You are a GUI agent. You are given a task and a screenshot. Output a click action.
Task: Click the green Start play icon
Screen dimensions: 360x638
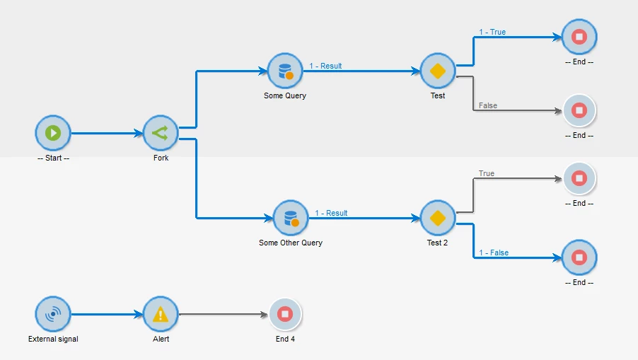pyautogui.click(x=53, y=133)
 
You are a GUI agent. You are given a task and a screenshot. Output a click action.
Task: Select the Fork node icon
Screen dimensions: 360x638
pyautogui.click(x=161, y=133)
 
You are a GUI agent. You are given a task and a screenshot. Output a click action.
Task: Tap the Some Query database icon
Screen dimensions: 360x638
pyautogui.click(x=285, y=71)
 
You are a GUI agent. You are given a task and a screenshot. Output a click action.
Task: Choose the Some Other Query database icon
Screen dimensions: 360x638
pyautogui.click(x=291, y=218)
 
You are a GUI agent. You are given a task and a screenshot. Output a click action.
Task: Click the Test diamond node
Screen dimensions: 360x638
pyautogui.click(x=438, y=71)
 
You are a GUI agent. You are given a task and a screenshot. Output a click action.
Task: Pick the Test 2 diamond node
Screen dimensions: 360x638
pyautogui.click(x=438, y=218)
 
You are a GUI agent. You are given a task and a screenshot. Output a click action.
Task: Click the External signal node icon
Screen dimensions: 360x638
pyautogui.click(x=53, y=314)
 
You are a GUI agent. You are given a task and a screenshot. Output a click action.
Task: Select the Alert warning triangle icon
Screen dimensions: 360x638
pyautogui.click(x=161, y=314)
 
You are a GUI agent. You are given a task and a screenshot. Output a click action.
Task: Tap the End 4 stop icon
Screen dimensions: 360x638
pyautogui.click(x=285, y=314)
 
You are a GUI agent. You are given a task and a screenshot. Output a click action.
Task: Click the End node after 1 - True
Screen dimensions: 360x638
pyautogui.click(x=579, y=37)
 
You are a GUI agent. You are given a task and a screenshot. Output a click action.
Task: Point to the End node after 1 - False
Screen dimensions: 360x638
pyautogui.click(x=579, y=257)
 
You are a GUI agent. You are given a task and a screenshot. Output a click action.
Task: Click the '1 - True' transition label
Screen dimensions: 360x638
pyautogui.click(x=492, y=33)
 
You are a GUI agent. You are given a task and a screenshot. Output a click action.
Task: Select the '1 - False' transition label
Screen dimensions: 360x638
pyautogui.click(x=494, y=253)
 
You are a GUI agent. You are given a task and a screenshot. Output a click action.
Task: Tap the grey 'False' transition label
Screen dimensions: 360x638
pyautogui.click(x=488, y=106)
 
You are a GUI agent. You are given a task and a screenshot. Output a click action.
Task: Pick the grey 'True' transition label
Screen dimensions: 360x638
pyautogui.click(x=487, y=174)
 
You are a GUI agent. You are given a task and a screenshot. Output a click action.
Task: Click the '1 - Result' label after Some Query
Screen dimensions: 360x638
pyautogui.click(x=325, y=66)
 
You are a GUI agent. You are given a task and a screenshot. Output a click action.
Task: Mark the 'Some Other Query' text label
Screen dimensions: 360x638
pyautogui.click(x=291, y=243)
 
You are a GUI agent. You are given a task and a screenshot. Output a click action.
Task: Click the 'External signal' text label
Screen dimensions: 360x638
pyautogui.click(x=53, y=339)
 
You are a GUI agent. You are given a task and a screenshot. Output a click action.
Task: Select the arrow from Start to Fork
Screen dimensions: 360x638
pyautogui.click(x=106, y=133)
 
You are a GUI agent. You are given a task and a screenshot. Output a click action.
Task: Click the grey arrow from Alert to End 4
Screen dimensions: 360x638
pyautogui.click(x=223, y=314)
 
